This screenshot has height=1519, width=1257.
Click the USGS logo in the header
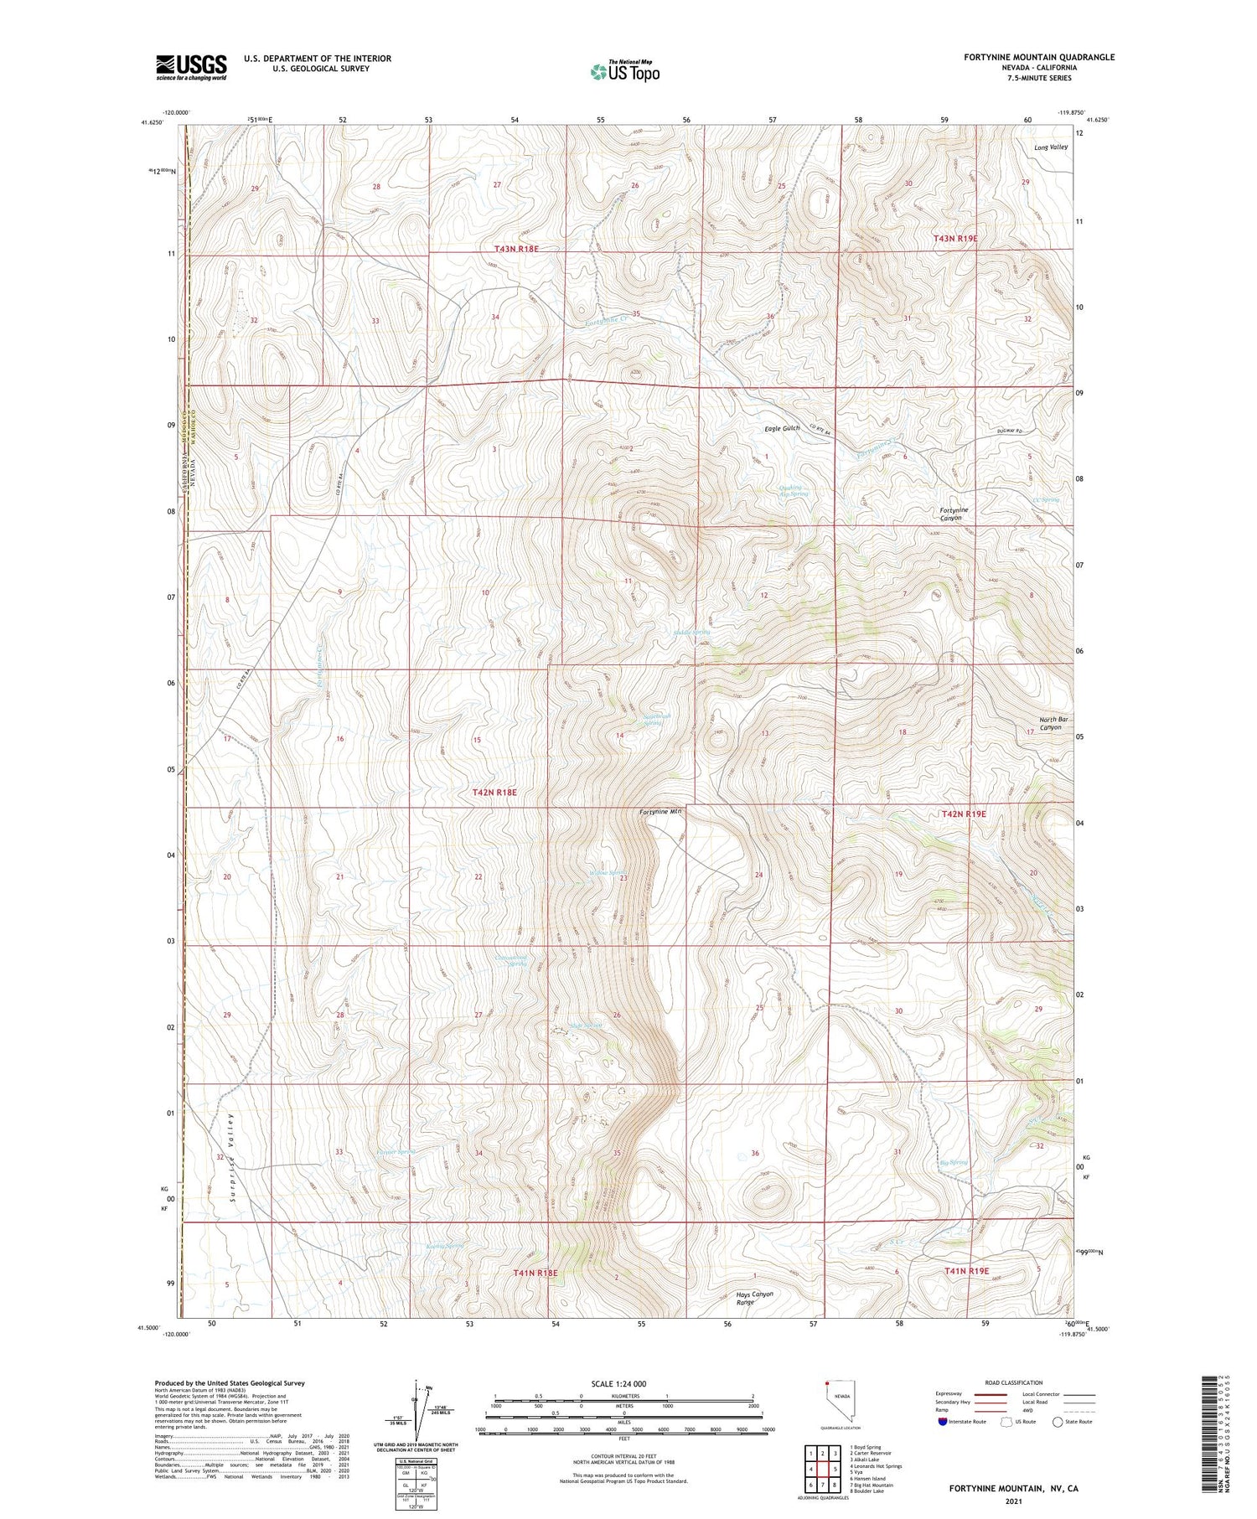point(191,67)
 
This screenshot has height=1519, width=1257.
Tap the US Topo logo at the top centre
point(624,71)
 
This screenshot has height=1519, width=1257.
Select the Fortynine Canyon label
point(954,514)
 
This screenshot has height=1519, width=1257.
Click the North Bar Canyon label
point(1053,723)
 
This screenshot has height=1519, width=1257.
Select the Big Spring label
point(954,1162)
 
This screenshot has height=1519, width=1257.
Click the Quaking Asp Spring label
point(789,490)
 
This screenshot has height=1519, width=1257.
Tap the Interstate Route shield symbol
point(943,1422)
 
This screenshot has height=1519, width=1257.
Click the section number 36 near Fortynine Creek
point(769,316)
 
